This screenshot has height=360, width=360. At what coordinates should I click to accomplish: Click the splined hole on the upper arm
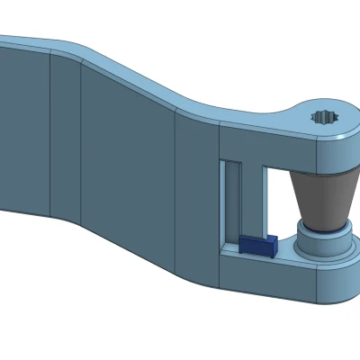(x=323, y=117)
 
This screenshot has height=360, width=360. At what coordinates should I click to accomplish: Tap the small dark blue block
(x=257, y=246)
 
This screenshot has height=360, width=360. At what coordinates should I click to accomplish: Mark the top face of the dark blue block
(x=257, y=239)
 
